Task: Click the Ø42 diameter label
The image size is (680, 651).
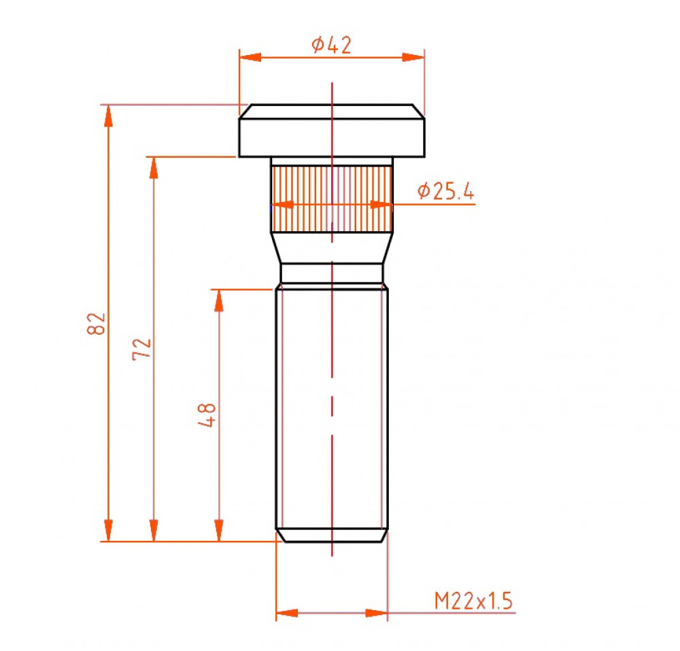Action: coord(331,45)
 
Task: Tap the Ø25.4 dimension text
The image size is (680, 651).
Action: coord(446,191)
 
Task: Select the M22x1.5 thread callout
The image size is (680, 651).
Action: coord(473,601)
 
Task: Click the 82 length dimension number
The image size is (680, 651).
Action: coord(97,324)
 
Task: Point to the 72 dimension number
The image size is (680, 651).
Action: coord(142,349)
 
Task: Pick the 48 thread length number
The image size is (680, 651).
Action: coord(207,415)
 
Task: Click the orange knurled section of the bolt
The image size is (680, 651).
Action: coord(332,199)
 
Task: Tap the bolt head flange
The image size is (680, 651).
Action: coord(332,131)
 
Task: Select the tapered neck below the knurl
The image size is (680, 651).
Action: coord(332,248)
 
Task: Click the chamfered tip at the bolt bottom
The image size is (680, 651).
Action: coord(332,535)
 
